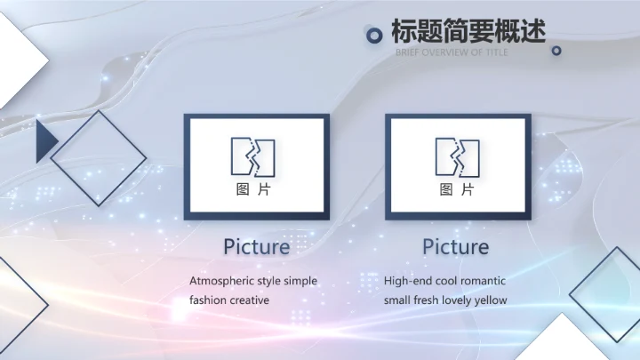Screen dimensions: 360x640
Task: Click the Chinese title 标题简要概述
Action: (468, 32)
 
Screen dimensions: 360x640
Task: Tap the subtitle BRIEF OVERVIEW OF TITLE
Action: (452, 52)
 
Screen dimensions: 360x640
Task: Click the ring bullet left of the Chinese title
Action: (375, 35)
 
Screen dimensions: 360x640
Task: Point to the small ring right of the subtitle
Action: (557, 52)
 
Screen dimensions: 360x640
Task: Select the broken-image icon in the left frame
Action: (253, 156)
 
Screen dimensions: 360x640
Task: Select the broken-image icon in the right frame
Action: (457, 156)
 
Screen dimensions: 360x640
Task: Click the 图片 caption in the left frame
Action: (253, 189)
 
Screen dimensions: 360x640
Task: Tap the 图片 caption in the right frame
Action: (457, 189)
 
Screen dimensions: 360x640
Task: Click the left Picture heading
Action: (256, 246)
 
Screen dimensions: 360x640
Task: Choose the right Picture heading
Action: (455, 246)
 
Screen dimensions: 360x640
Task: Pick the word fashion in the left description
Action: (207, 300)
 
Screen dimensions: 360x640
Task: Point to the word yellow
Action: (490, 300)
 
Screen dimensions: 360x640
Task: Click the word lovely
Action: (455, 300)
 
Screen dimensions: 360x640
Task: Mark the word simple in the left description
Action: (300, 281)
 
